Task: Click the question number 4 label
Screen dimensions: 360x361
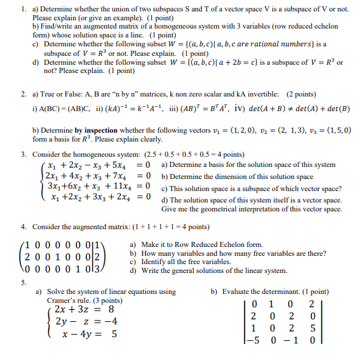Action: point(22,227)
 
